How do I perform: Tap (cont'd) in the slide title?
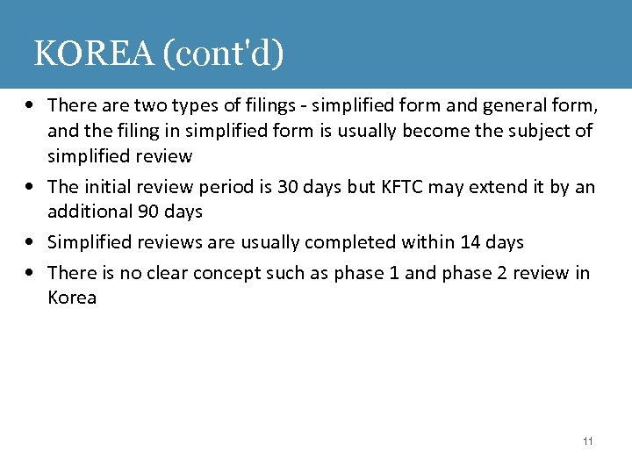[223, 54]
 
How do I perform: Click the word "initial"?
[108, 186]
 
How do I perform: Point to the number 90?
[150, 212]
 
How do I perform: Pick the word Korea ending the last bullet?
[72, 298]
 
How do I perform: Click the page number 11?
[587, 441]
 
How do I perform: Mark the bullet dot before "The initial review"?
[31, 187]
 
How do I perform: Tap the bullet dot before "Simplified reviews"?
[31, 242]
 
